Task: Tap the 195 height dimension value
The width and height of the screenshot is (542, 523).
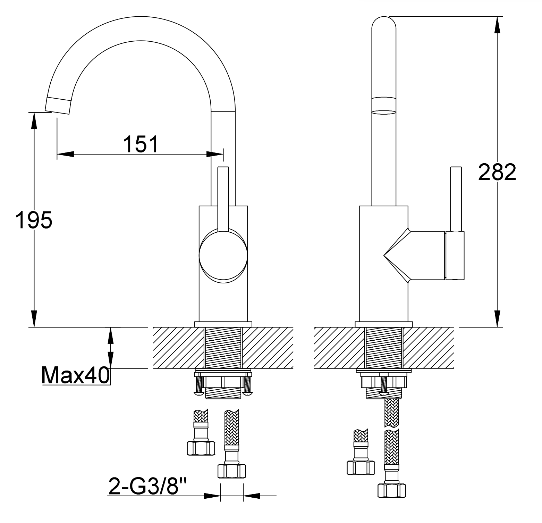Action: pos(34,220)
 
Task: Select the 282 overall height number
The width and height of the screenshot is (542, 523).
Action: pos(497,172)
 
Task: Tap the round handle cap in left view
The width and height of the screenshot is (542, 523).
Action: pos(223,256)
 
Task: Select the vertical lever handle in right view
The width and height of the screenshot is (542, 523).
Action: pos(456,199)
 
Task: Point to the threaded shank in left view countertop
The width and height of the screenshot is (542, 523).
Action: pos(223,348)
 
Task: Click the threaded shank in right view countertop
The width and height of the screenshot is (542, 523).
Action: pos(384,348)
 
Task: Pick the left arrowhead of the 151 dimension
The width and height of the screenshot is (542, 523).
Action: pos(66,154)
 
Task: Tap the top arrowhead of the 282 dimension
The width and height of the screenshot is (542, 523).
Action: pos(497,25)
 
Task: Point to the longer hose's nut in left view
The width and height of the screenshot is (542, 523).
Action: pos(231,471)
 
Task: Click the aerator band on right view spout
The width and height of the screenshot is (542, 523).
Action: pos(384,106)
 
